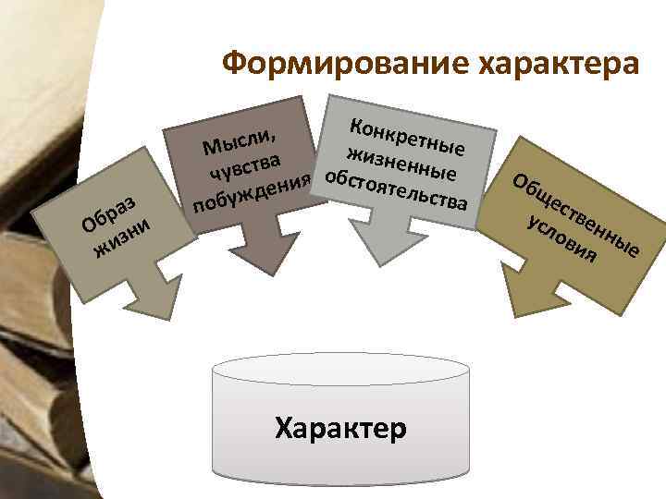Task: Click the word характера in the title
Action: pyautogui.click(x=556, y=66)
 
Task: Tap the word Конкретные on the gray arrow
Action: pyautogui.click(x=407, y=131)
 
